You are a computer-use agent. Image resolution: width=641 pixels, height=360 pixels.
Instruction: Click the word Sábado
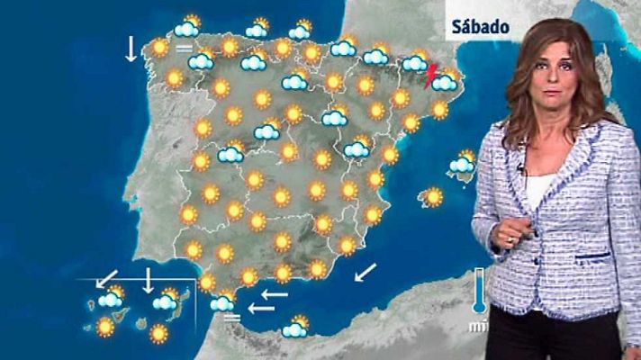[x=481, y=27]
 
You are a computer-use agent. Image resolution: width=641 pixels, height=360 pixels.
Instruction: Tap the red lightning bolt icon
[x=431, y=71]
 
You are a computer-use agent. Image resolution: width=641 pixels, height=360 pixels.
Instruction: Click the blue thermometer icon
[x=479, y=289]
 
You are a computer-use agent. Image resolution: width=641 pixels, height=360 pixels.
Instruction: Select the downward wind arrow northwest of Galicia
[x=131, y=49]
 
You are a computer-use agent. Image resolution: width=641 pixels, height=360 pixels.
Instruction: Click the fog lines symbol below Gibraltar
[x=231, y=317]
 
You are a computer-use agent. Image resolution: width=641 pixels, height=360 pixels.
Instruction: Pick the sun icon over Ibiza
[x=433, y=196]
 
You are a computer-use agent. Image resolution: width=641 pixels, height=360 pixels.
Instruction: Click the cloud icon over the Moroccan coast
[x=294, y=328]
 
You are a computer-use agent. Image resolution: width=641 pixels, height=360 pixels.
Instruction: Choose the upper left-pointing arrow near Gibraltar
[x=274, y=293]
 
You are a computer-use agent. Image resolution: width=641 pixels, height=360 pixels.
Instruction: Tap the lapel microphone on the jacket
[x=522, y=168]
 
